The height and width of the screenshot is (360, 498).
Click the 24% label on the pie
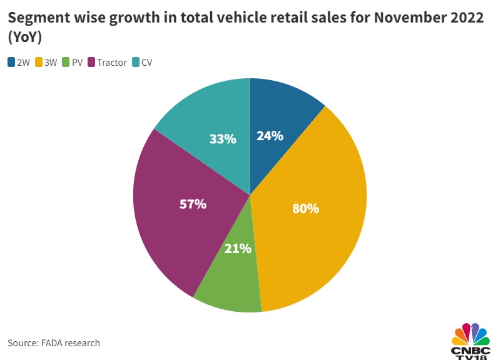tap(270, 136)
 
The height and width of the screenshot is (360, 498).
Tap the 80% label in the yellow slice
tap(305, 208)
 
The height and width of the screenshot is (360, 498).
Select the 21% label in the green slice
tap(238, 249)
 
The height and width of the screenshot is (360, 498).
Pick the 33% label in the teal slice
tap(223, 139)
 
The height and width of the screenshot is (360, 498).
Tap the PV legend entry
tap(78, 62)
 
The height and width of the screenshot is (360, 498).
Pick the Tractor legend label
tap(112, 62)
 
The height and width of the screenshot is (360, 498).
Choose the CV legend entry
tap(147, 62)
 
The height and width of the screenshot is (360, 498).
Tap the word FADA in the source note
tap(58, 342)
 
